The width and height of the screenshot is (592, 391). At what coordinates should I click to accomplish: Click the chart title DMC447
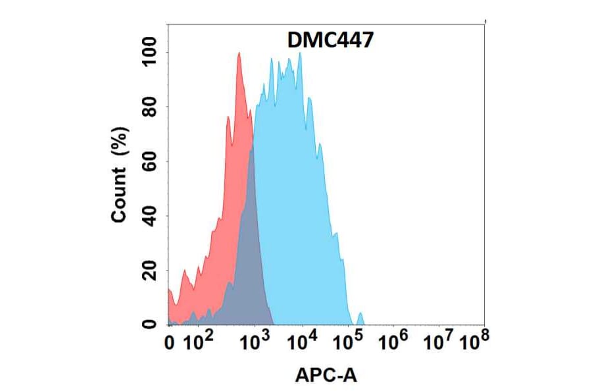pyautogui.click(x=331, y=41)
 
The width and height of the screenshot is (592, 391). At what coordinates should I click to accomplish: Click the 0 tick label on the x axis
pyautogui.click(x=169, y=342)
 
